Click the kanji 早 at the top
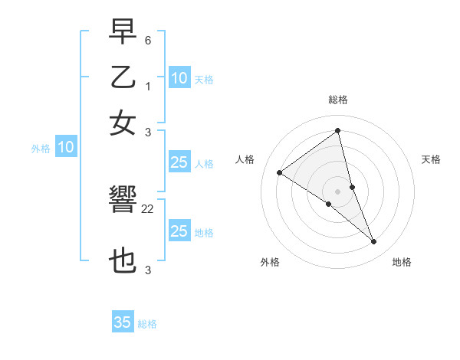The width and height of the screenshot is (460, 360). coord(123,31)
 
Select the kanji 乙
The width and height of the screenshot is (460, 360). coord(123,77)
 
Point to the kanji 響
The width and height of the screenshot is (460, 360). coord(123,202)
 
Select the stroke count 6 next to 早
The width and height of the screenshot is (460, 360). coord(148,38)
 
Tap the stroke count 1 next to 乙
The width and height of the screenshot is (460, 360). coord(148,86)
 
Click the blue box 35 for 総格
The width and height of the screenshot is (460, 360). coord(123,322)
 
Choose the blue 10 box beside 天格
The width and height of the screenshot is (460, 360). coord(179,78)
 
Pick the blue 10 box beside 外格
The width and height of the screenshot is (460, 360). coord(65,148)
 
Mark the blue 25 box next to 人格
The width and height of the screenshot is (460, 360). coord(179,162)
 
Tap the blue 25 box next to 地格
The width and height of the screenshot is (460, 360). coord(179,231)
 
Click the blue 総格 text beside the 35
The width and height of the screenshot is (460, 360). coord(147,324)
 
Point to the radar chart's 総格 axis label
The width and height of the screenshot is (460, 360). coord(337,100)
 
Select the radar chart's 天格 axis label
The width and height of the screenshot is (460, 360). coord(431,159)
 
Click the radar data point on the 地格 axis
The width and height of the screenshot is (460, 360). coord(374,241)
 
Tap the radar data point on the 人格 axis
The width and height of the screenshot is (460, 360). coord(280,172)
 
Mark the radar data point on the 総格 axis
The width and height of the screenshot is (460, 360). coord(337,131)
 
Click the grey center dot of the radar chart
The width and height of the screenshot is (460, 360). coord(337,191)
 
